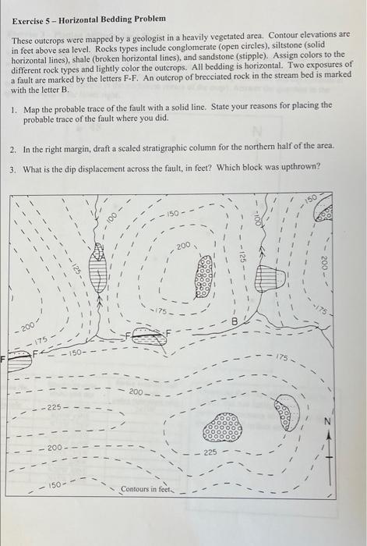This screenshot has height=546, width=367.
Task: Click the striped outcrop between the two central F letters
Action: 146,336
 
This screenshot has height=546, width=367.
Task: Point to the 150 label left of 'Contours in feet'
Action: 51,485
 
